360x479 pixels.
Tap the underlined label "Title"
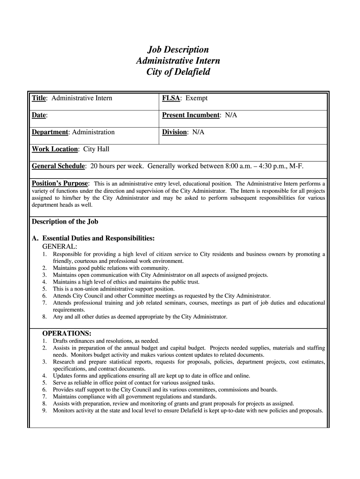click(39, 98)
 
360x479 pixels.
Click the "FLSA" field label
click(172, 98)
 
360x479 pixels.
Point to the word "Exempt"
click(196, 98)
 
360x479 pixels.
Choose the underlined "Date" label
click(39, 115)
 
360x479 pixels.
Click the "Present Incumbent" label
click(191, 115)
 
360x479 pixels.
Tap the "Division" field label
click(174, 132)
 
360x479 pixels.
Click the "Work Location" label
click(55, 149)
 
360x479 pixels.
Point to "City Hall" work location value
click(96, 149)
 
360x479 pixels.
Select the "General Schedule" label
click(58, 166)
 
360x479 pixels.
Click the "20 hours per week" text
click(119, 166)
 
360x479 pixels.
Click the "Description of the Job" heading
click(65, 222)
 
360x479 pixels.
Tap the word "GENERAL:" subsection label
click(60, 246)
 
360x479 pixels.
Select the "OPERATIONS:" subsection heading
click(67, 333)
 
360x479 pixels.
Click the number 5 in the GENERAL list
click(44, 289)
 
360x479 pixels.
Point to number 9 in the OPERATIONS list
click(44, 411)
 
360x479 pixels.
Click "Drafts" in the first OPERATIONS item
click(61, 341)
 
